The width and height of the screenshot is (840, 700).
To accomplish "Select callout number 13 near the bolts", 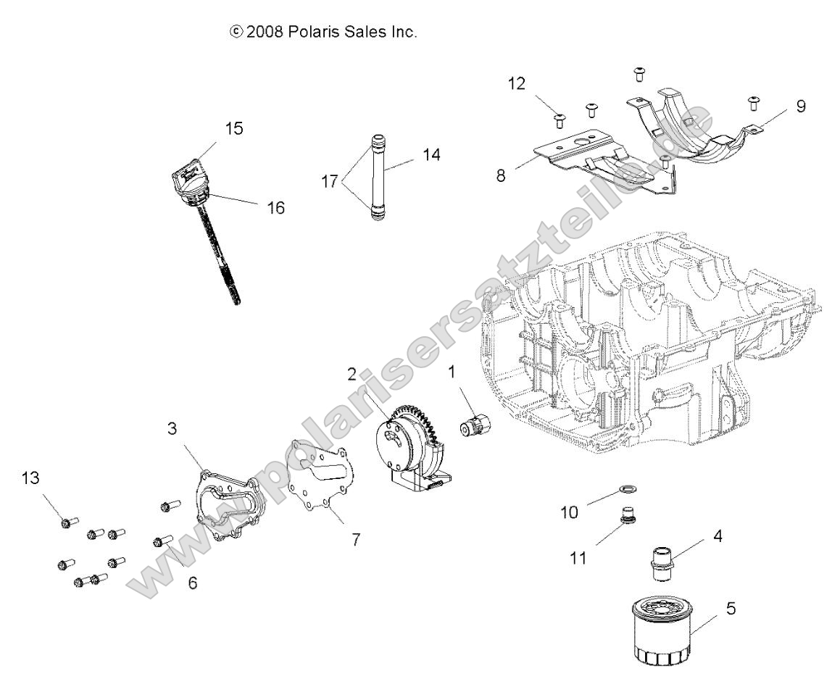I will pos(32,478).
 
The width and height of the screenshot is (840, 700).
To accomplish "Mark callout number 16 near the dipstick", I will pos(275,208).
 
